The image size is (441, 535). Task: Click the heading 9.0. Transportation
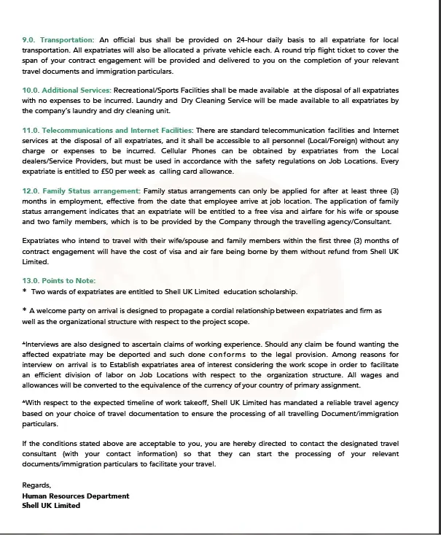coord(58,39)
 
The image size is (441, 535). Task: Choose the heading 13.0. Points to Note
coord(58,281)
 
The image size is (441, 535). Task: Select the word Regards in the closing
coord(37,485)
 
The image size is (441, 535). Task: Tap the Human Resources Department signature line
coord(76,496)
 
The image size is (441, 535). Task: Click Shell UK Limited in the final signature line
coord(51,505)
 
